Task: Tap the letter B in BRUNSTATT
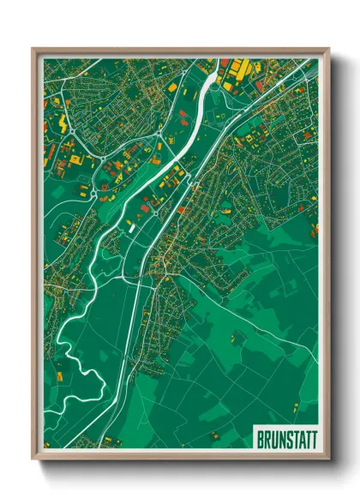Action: coord(260,440)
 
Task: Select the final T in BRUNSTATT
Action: coord(312,440)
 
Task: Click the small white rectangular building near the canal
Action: coord(131,226)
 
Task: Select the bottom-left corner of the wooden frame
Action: coord(33,460)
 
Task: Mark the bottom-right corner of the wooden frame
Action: coord(328,460)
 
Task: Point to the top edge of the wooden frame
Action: coord(180,50)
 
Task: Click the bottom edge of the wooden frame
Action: coord(180,460)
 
